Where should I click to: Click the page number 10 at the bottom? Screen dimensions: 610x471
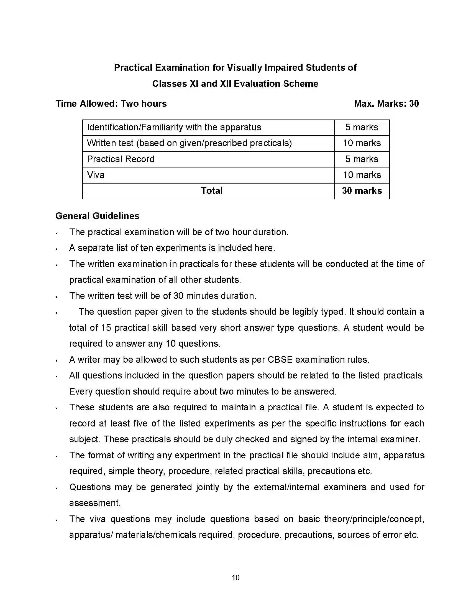235,578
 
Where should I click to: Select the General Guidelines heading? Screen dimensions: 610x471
97,216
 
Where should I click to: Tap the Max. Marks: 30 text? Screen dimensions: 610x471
386,104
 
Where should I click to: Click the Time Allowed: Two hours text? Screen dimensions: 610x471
111,104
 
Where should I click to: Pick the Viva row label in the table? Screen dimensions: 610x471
96,175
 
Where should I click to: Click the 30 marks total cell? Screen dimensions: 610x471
362,191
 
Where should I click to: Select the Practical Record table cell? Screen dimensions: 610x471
121,159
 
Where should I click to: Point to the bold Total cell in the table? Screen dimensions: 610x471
211,191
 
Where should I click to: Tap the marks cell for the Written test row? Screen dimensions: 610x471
362,143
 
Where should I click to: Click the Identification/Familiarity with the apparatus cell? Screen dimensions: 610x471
174,127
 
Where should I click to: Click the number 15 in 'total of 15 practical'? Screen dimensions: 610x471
106,328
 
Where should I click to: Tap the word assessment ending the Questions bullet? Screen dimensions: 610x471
95,503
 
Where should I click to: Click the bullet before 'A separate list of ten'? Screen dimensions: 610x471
57,249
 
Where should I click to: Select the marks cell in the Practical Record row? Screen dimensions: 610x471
362,159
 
